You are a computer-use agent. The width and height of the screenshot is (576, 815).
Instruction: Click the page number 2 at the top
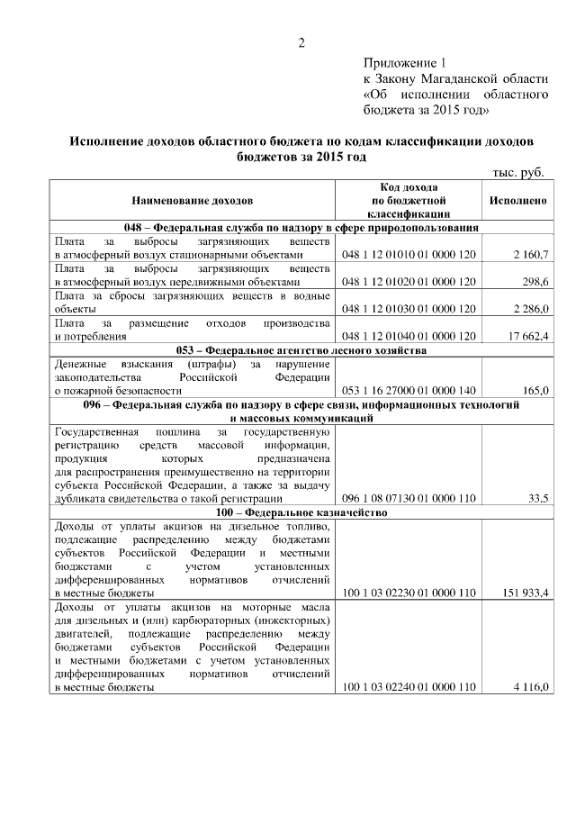coord(302,43)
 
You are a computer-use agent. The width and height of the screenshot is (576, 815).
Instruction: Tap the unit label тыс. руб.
coord(518,172)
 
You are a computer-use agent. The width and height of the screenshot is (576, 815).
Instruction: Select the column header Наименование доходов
coord(192,200)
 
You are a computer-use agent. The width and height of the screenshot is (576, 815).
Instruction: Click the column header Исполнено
coord(517,200)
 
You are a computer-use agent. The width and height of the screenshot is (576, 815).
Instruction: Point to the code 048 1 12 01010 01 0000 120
coord(408,256)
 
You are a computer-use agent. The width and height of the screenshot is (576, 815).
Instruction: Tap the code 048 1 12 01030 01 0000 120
coord(408,309)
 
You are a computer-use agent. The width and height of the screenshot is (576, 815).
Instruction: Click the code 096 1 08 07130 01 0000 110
coord(408,498)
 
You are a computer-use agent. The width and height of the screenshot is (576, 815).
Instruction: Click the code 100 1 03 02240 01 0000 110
coord(408,687)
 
